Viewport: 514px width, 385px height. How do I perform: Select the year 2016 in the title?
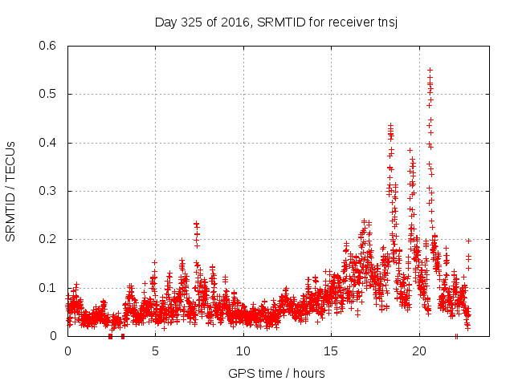pos(234,22)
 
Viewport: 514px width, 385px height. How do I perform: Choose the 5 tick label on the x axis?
pos(155,351)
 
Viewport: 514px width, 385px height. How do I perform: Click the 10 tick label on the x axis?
pos(243,351)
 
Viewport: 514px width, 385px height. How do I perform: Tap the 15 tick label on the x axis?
pos(331,351)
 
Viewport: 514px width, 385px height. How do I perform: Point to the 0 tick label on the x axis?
pos(67,351)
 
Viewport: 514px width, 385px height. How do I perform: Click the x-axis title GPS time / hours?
pos(276,373)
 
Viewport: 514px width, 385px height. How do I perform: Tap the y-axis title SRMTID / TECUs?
pos(11,191)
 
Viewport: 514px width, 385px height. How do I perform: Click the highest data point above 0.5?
pos(430,70)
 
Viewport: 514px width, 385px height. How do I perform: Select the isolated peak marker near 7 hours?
pos(196,225)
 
